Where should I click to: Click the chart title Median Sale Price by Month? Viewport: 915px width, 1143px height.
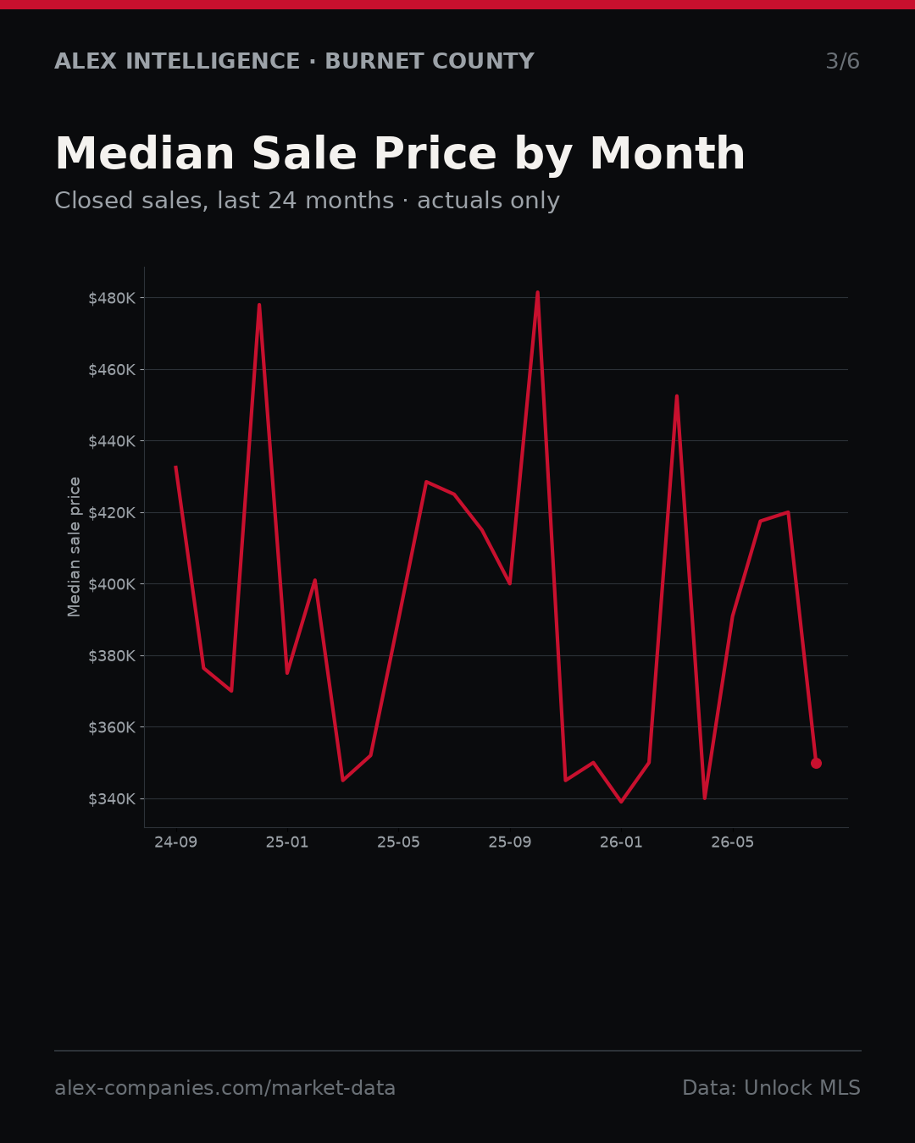[400, 154]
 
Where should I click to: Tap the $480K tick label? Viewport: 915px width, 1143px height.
[112, 299]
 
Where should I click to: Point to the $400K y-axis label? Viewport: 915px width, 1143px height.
[112, 585]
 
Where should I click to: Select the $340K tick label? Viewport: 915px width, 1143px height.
[112, 799]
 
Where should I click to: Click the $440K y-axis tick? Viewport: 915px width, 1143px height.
[112, 441]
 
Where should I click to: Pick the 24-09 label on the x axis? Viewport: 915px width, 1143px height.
[176, 842]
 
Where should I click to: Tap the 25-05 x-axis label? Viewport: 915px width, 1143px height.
[399, 842]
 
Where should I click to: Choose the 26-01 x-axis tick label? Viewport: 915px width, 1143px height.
[622, 842]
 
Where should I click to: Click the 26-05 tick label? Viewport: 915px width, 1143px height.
[733, 842]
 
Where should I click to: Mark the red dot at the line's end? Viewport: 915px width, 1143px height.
[816, 763]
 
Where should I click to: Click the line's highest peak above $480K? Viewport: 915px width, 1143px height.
[537, 292]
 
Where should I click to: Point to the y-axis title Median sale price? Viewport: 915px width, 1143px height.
[74, 547]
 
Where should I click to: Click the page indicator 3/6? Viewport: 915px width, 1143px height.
[843, 61]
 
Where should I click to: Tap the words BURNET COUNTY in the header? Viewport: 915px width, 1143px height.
[430, 61]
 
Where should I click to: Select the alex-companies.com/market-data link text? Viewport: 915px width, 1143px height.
[225, 1088]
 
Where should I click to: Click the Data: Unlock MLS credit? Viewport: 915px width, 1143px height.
[772, 1088]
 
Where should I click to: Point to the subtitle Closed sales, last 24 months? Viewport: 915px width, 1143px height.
[225, 201]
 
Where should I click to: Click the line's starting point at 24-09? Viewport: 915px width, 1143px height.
[176, 467]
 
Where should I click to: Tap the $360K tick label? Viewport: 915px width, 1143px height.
[112, 727]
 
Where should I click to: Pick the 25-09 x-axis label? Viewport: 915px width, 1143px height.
[510, 842]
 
